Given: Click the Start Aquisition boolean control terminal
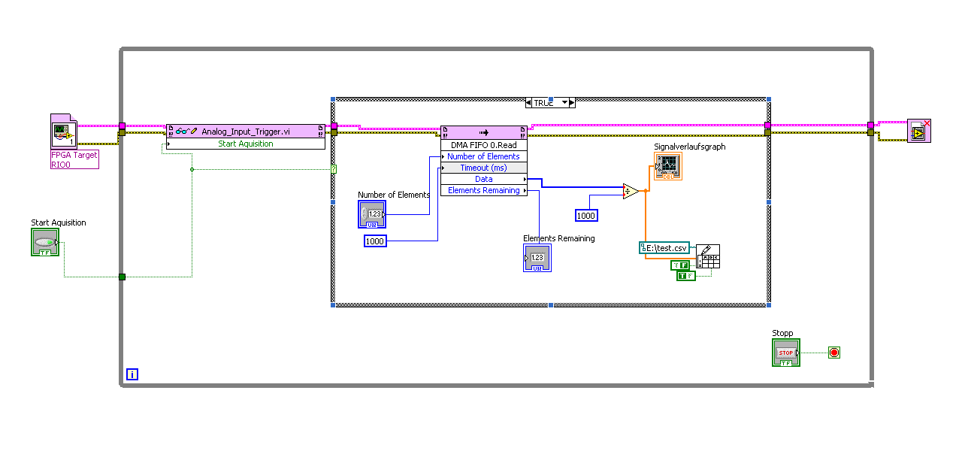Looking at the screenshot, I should click(45, 242).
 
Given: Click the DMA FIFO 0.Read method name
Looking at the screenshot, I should click(483, 145).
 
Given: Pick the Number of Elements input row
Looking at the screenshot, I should click(483, 156).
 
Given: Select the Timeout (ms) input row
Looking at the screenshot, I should click(483, 168).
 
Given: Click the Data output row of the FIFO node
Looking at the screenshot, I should click(483, 179).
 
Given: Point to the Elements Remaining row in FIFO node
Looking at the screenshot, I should click(483, 191).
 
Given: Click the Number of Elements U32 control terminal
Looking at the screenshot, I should click(371, 214).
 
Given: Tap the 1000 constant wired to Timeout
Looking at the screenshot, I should click(374, 241).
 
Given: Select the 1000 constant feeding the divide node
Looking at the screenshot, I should click(585, 216).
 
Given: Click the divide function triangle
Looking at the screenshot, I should click(630, 192).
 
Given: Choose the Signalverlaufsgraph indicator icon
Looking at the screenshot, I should click(667, 166).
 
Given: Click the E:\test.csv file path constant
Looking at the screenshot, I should click(664, 248).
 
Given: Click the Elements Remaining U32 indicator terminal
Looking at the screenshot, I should click(537, 258).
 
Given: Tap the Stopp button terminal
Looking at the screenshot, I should click(785, 353).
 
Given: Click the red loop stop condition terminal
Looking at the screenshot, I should click(833, 353).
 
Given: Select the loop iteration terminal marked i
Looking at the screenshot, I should click(132, 374).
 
